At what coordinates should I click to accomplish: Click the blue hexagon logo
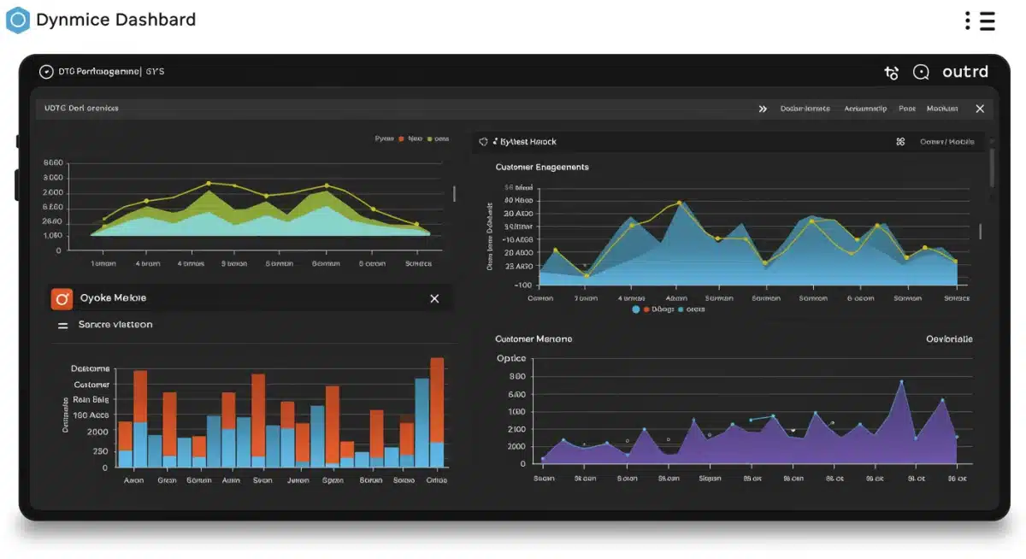click(17, 20)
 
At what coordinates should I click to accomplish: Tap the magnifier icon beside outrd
click(921, 73)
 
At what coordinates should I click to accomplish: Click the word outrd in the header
click(965, 73)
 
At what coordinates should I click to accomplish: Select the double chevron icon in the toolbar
click(763, 109)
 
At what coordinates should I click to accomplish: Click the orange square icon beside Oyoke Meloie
click(62, 298)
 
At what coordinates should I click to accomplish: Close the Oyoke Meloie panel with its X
click(434, 298)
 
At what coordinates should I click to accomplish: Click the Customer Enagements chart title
click(542, 168)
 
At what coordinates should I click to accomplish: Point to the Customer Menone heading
click(534, 339)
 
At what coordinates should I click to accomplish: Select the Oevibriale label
click(949, 339)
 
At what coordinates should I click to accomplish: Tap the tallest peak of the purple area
click(901, 383)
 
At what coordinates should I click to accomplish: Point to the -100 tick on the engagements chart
click(522, 285)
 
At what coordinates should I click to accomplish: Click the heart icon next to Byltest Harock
click(483, 142)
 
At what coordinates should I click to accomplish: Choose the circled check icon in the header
click(46, 72)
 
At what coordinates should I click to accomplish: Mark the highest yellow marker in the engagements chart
click(679, 203)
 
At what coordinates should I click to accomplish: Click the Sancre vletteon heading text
click(115, 325)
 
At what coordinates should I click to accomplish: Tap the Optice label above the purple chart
click(511, 358)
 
